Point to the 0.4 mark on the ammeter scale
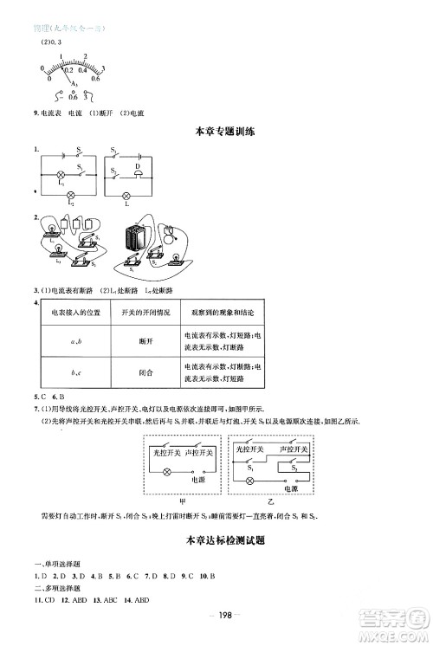[x=81, y=67]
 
